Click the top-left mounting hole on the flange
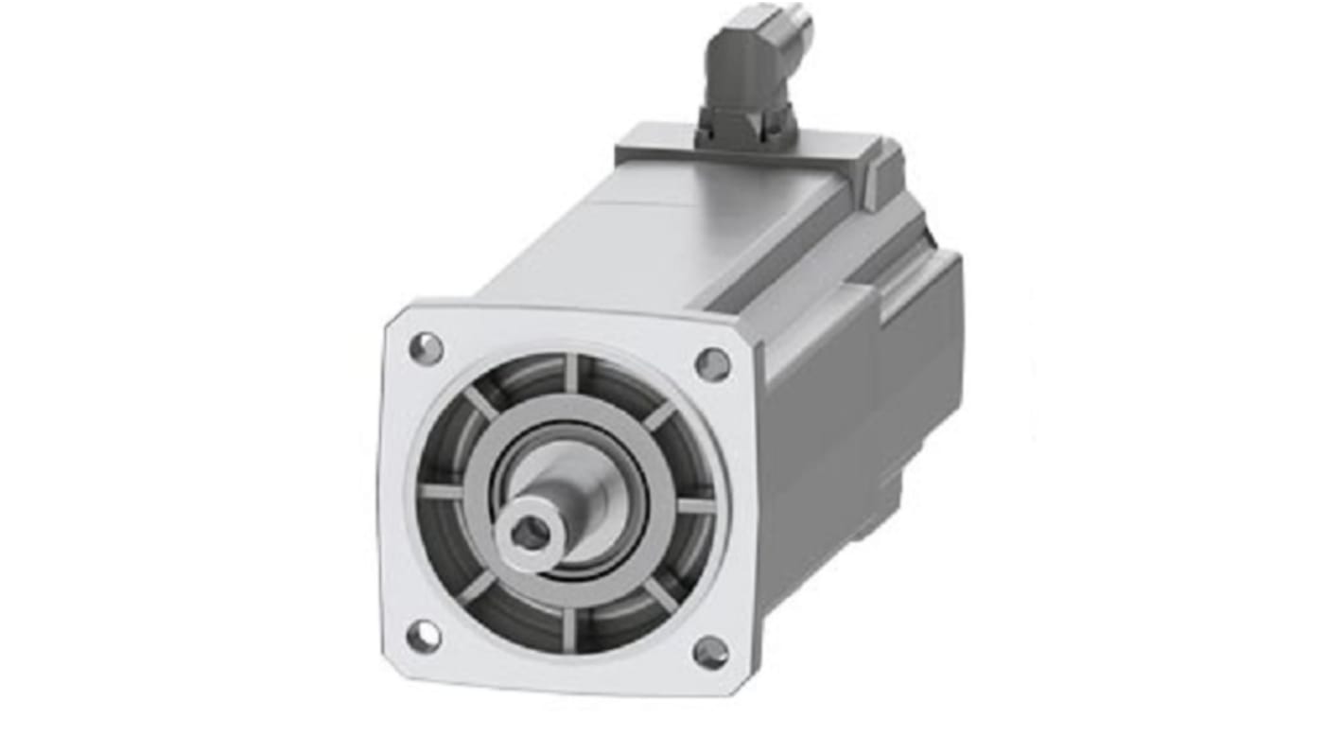[x=426, y=349]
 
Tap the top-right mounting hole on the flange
[x=712, y=364]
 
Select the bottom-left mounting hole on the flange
[x=423, y=636]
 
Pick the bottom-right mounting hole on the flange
[x=710, y=652]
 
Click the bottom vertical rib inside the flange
[x=568, y=629]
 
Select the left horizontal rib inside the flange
[x=442, y=492]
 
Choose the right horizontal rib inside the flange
[x=696, y=506]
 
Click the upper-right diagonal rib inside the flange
[x=659, y=414]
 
